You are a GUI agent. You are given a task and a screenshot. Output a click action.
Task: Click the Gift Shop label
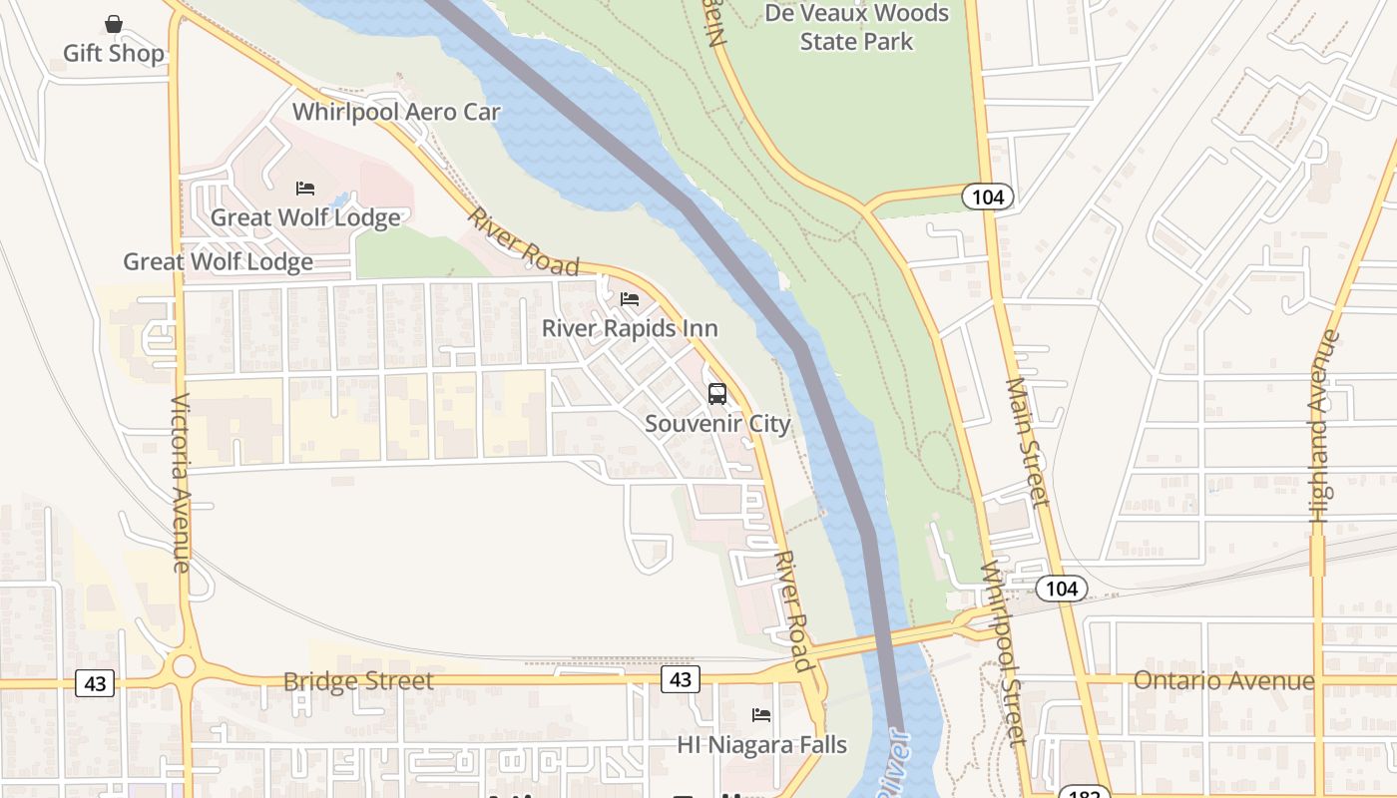(x=113, y=53)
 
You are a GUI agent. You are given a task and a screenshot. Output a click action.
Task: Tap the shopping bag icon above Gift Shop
(x=114, y=24)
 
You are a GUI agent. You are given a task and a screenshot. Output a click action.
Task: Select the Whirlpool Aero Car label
(x=396, y=111)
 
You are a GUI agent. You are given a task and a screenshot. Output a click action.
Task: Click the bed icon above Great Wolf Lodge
(x=305, y=189)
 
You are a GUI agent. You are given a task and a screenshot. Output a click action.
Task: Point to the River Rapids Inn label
(x=630, y=328)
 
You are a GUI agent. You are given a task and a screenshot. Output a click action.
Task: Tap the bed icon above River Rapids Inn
(x=629, y=299)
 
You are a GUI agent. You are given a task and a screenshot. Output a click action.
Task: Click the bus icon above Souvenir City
(x=717, y=394)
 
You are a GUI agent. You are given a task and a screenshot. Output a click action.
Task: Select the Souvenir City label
(x=717, y=423)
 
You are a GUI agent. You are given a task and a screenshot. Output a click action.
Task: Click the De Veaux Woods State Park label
(x=856, y=27)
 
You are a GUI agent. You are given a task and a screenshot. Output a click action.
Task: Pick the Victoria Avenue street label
(x=181, y=484)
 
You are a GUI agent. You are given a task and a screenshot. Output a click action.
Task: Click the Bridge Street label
(x=358, y=681)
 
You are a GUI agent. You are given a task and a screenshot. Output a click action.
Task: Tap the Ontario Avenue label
(x=1223, y=681)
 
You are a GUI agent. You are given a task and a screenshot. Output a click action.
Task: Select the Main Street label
(x=1028, y=441)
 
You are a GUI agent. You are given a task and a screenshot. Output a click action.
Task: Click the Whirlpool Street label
(x=1002, y=653)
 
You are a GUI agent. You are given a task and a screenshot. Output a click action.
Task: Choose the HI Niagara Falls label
(x=761, y=744)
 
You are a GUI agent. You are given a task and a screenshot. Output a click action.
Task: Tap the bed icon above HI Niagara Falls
(x=761, y=715)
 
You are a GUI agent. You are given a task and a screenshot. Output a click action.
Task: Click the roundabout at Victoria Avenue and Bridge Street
(x=183, y=665)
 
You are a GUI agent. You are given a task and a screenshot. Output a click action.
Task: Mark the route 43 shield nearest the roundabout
(x=95, y=683)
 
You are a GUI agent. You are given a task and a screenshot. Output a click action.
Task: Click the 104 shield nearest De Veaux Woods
(x=988, y=197)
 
